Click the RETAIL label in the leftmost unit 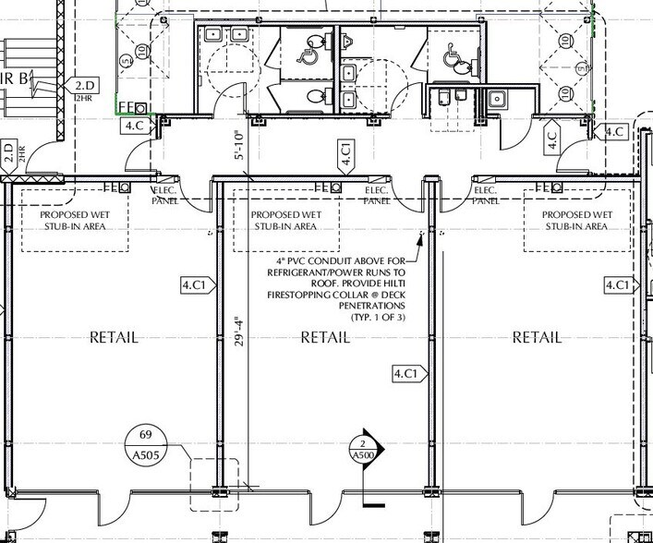114,337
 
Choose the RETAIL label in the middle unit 325,337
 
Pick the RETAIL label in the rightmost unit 537,337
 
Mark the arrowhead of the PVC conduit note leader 421,237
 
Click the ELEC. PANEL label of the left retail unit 167,194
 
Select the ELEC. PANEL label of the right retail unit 487,194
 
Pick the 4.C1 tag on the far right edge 620,285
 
